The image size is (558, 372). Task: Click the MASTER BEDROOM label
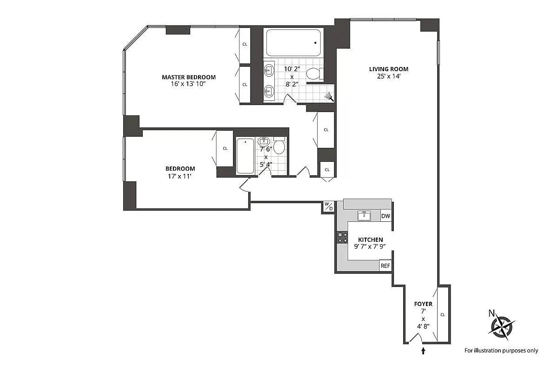coord(188,77)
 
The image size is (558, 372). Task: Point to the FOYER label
coord(423,304)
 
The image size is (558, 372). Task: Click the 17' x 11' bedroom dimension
coord(180,176)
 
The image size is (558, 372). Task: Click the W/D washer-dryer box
coord(328,206)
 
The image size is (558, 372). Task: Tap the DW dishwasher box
coord(385,216)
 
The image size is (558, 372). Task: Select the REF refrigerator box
coord(385,266)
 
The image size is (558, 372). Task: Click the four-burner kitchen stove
coord(342,237)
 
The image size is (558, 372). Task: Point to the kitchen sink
coord(364,216)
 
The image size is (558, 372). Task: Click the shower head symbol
coord(329,96)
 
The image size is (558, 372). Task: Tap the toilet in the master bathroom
coord(314,73)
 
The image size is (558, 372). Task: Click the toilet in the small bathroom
coord(279,146)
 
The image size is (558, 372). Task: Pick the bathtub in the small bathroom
coord(245,156)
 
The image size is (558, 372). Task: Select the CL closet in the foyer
coord(443,315)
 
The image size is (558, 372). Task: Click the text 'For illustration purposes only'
coord(501,351)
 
